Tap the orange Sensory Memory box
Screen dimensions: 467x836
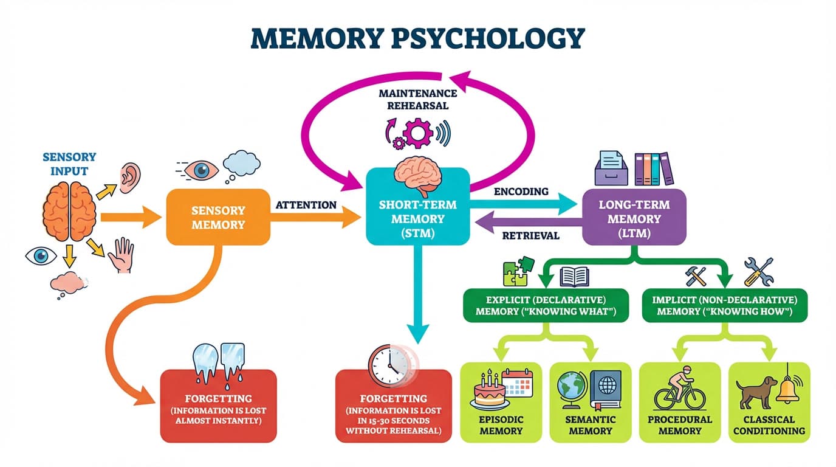point(218,217)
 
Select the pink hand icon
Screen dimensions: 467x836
point(121,255)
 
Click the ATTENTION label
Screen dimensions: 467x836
point(306,205)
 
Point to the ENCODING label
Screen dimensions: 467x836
point(521,192)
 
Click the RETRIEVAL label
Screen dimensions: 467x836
point(530,236)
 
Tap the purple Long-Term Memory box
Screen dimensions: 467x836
point(634,217)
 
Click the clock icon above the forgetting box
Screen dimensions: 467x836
point(388,363)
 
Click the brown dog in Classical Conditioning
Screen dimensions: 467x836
point(756,390)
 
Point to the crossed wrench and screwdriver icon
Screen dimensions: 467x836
point(758,271)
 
